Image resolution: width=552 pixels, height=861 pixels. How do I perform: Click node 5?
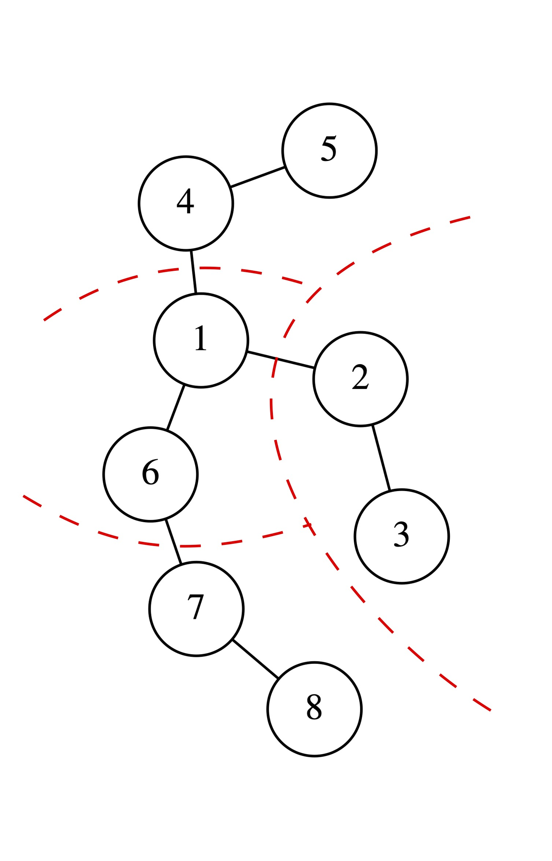(329, 150)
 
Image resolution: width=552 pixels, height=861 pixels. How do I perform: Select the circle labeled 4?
(186, 203)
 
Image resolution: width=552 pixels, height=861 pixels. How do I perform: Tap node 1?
(201, 340)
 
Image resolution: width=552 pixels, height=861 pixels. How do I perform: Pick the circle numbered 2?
(360, 379)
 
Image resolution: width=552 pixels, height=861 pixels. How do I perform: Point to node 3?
(401, 536)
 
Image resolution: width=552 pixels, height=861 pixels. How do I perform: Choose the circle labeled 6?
(150, 474)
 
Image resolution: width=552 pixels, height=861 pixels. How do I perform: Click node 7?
(196, 608)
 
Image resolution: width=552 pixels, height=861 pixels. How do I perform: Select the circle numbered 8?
(314, 709)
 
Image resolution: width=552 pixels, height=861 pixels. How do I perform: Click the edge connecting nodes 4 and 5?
(257, 177)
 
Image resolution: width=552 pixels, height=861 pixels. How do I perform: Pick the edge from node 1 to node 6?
(175, 407)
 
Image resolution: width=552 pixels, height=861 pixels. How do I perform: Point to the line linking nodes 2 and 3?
(381, 458)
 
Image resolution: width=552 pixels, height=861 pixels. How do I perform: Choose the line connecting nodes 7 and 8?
(255, 659)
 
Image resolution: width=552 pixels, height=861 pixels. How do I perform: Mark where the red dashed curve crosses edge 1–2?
(276, 359)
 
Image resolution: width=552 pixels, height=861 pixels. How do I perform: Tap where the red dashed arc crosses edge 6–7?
(175, 546)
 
